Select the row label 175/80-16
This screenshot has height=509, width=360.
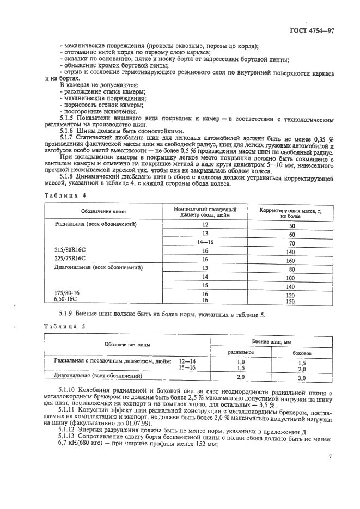point(68,293)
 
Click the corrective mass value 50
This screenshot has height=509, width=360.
point(291,225)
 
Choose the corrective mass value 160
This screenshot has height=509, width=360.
point(291,260)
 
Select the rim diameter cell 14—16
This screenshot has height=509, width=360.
point(205,243)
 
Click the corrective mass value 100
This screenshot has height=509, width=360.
point(291,278)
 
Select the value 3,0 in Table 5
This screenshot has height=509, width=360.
point(302,377)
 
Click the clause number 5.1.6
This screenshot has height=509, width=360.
point(69,131)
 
